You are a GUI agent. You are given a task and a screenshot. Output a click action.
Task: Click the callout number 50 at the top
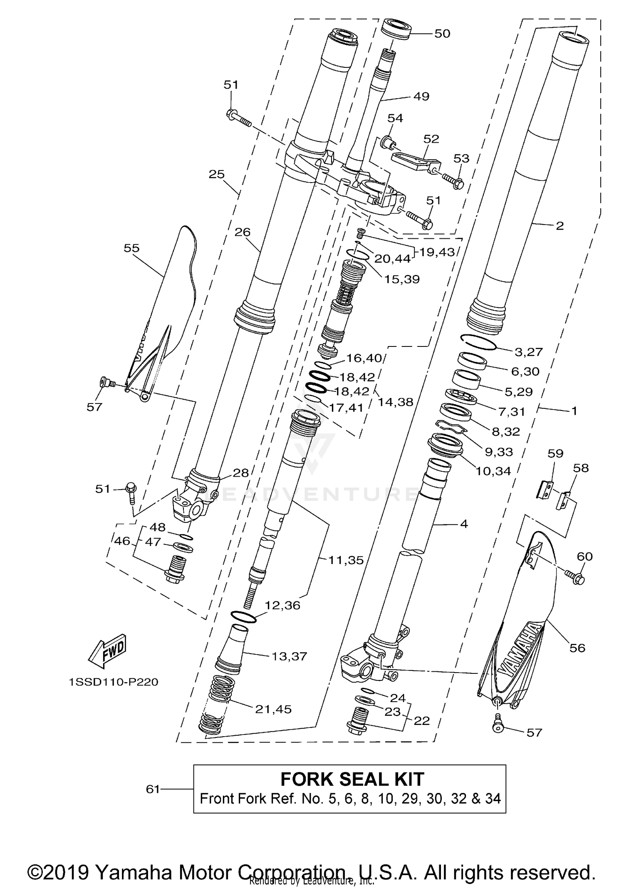point(442,34)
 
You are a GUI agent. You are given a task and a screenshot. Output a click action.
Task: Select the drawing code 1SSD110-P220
point(114,683)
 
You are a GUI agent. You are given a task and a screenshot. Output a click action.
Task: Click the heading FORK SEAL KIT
point(352,779)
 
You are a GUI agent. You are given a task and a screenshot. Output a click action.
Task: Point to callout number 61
point(153,789)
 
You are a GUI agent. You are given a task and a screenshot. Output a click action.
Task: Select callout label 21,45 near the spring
point(273,709)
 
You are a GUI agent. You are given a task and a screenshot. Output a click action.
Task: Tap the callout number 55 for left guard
point(131,248)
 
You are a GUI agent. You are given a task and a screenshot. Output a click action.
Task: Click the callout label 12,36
point(283,605)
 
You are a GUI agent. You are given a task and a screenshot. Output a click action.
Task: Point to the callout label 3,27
point(529,352)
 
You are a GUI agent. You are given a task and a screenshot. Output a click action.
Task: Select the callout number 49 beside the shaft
point(421,96)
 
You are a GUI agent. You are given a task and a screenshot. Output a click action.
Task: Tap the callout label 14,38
point(395,402)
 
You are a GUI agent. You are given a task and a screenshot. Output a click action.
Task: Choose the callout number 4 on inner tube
point(464,524)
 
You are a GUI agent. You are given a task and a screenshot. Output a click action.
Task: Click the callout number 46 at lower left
point(122,541)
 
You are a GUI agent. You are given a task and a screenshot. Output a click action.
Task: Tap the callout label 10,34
point(493,471)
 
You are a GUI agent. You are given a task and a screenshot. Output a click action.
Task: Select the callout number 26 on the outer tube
point(243,232)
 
